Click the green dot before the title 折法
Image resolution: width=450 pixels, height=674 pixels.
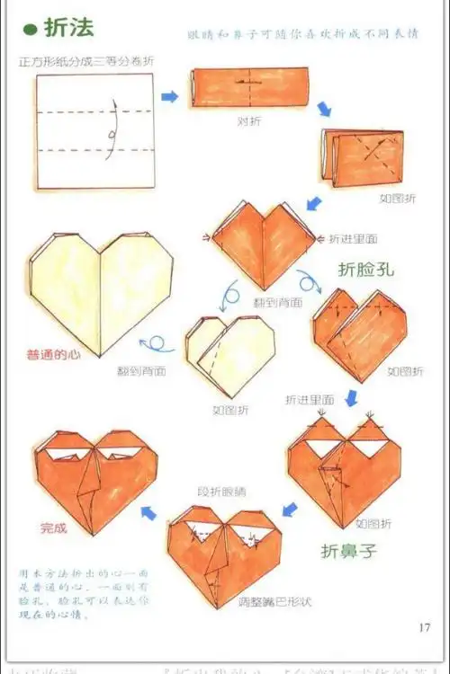29,30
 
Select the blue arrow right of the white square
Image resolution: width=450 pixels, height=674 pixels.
169,95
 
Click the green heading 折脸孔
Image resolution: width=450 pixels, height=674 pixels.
366,268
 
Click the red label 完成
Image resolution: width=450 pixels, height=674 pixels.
53,528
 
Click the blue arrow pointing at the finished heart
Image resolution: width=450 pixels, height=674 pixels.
148,513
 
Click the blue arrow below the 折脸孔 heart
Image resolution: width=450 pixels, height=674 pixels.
352,395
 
